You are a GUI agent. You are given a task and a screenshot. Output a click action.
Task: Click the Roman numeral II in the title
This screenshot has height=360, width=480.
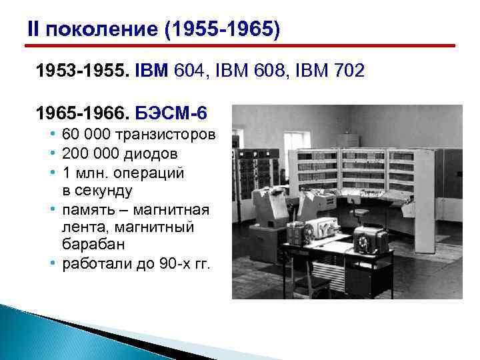[x=33, y=29]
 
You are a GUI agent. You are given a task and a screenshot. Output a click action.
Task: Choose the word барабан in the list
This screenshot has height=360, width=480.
[x=90, y=245]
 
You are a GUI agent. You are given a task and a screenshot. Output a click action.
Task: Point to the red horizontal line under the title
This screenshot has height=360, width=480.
[x=240, y=45]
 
